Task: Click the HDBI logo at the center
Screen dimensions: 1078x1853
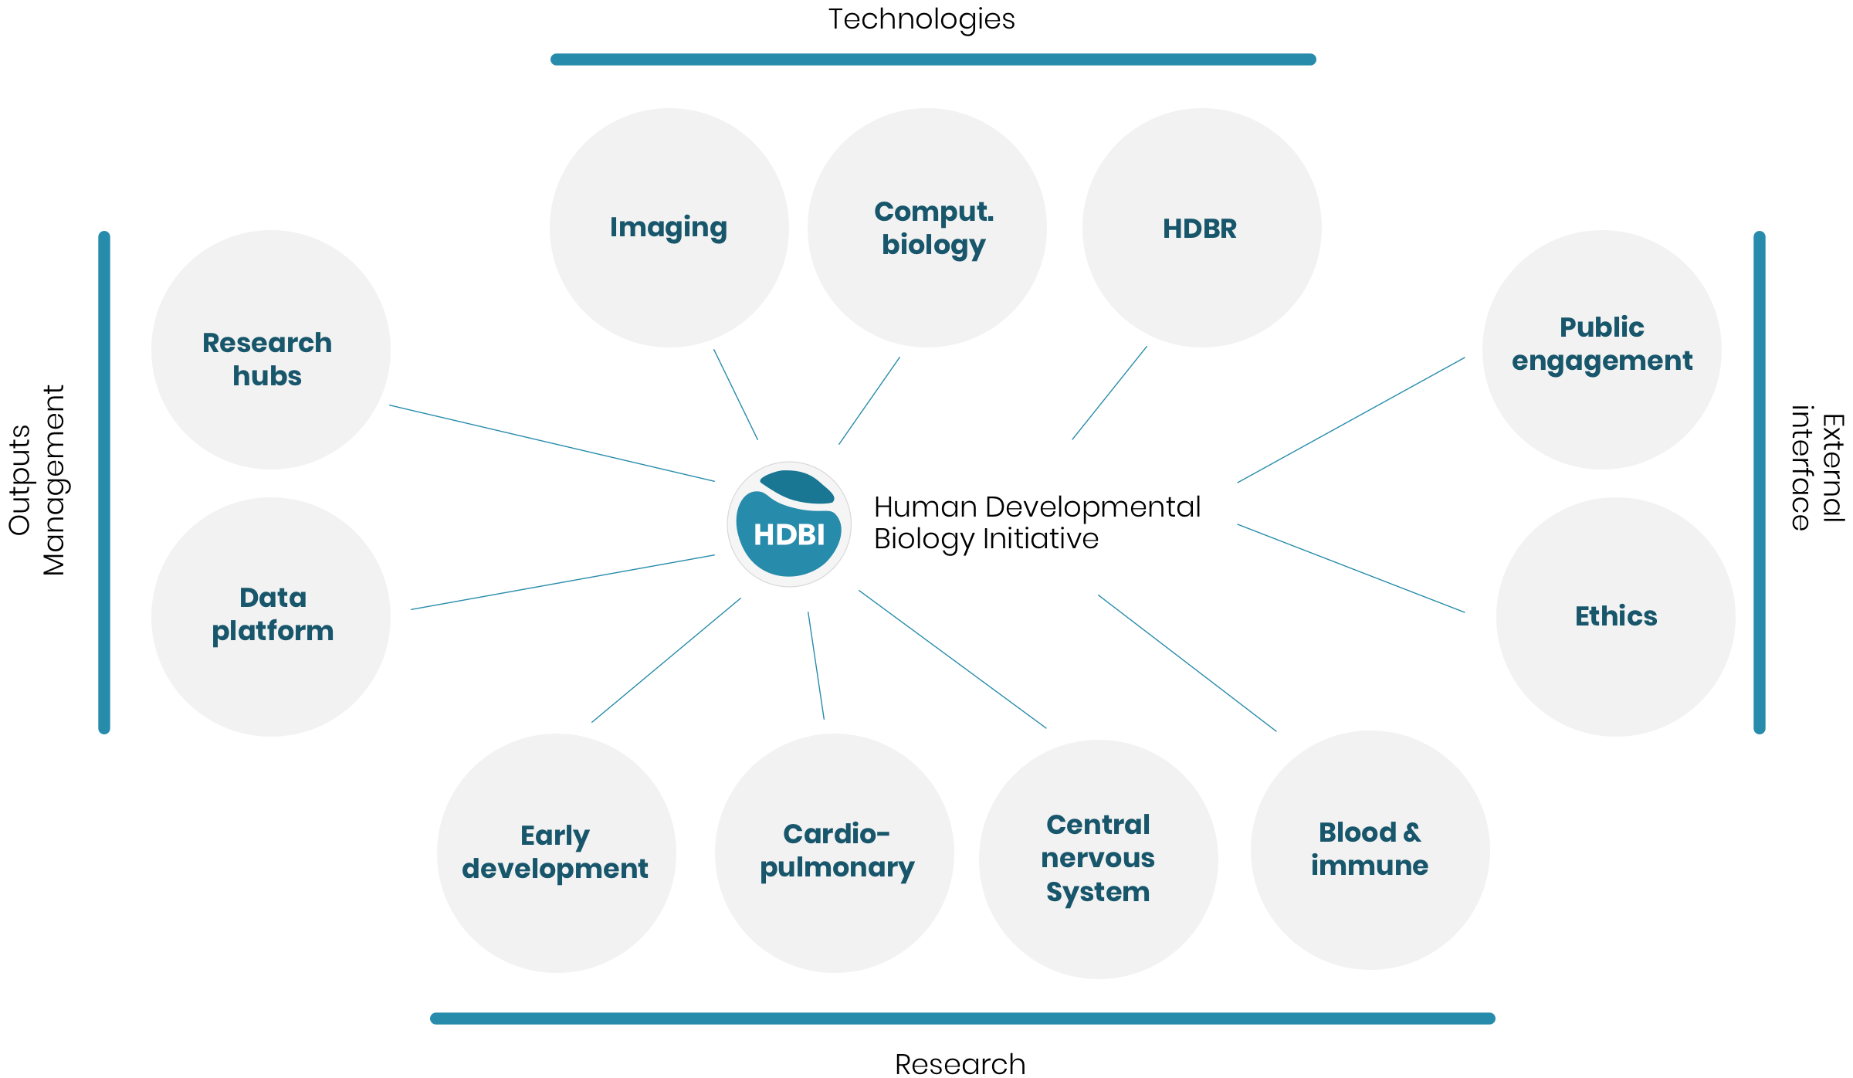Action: [x=789, y=525]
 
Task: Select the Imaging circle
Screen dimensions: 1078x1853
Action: [x=669, y=228]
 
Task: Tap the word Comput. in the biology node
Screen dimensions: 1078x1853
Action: [x=933, y=212]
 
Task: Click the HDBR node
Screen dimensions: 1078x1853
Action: [x=1201, y=229]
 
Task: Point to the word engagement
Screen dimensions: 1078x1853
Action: [x=1602, y=361]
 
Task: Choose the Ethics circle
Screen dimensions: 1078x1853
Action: [x=1616, y=616]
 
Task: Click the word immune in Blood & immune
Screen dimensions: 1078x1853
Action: [x=1370, y=866]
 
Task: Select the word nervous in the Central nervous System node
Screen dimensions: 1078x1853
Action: [x=1098, y=858]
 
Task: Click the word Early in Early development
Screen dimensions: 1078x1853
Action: [x=554, y=836]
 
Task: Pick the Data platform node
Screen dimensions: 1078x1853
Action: [x=272, y=615]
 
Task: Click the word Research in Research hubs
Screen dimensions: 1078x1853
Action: [x=267, y=343]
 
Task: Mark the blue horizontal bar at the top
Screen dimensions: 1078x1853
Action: [x=933, y=59]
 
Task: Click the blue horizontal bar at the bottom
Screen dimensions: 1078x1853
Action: [x=962, y=1019]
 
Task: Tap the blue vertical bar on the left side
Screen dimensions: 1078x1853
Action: [x=104, y=483]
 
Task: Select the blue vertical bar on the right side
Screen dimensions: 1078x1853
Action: [x=1760, y=483]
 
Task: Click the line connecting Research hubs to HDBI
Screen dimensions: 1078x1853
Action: [x=552, y=443]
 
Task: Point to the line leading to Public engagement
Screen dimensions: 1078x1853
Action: [x=1351, y=420]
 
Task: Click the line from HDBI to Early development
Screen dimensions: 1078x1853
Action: [x=666, y=660]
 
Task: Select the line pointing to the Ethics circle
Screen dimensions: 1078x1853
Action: [x=1351, y=568]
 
